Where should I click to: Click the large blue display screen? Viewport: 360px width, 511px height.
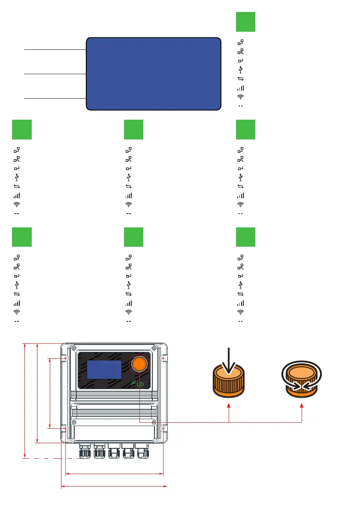pyautogui.click(x=154, y=74)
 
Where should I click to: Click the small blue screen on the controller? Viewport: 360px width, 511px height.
pyautogui.click(x=104, y=369)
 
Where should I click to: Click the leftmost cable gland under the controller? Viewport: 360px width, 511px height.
pyautogui.click(x=85, y=452)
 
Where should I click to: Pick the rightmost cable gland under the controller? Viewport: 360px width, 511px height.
pyautogui.click(x=143, y=452)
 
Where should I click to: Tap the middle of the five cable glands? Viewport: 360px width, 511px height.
pyautogui.click(x=114, y=452)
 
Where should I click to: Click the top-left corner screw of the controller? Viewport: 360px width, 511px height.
pyautogui.click(x=75, y=348)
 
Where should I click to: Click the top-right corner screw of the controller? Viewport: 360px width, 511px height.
pyautogui.click(x=154, y=348)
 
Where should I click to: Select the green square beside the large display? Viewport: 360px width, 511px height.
pyautogui.click(x=245, y=22)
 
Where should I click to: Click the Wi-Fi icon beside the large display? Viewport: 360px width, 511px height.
pyautogui.click(x=241, y=97)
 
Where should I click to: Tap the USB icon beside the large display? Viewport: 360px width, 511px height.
pyautogui.click(x=241, y=70)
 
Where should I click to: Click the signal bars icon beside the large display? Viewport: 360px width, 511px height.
pyautogui.click(x=241, y=88)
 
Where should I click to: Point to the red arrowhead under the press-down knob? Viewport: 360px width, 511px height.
pyautogui.click(x=229, y=405)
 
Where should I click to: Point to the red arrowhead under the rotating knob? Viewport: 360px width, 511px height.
pyautogui.click(x=302, y=405)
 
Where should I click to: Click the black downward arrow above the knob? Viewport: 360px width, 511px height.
pyautogui.click(x=229, y=360)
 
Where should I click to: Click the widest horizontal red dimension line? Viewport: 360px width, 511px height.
pyautogui.click(x=114, y=487)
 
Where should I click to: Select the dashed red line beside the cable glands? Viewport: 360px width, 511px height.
pyautogui.click(x=51, y=459)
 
